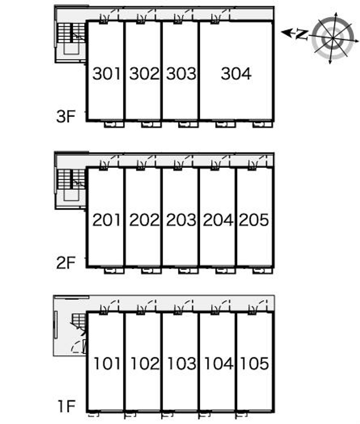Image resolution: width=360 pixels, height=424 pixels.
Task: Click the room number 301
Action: click(107, 74)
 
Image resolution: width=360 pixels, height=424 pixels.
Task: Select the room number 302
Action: click(144, 74)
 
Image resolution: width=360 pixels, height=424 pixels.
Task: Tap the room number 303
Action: click(181, 74)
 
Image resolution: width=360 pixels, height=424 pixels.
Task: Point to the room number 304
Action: click(236, 74)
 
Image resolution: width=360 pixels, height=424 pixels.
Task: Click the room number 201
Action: click(107, 220)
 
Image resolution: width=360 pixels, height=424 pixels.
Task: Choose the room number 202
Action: click(144, 220)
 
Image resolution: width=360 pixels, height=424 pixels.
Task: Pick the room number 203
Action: click(181, 220)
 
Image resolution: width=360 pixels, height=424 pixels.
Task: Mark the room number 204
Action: click(218, 220)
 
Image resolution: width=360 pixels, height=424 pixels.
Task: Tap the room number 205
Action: click(254, 220)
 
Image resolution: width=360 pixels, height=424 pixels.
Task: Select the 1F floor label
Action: click(65, 407)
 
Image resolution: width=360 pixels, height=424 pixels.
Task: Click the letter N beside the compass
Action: click(302, 35)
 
